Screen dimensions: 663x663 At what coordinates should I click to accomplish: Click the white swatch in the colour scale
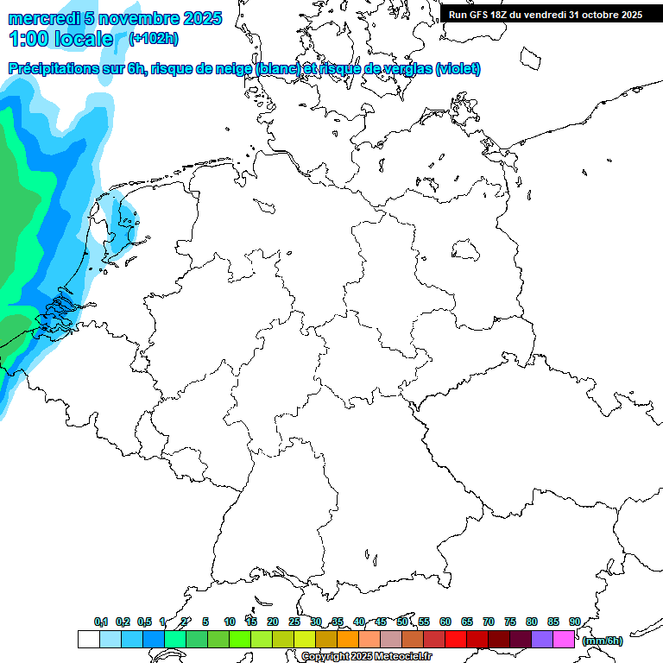point(89,639)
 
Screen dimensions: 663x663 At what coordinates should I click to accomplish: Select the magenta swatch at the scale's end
point(564,639)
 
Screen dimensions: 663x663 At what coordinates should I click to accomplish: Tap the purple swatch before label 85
point(542,639)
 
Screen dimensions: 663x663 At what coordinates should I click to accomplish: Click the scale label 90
point(575,622)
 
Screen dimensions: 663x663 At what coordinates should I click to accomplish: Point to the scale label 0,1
point(101,622)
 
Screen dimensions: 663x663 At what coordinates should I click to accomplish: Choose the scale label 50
point(402,622)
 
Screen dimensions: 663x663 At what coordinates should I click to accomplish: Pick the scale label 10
point(230,622)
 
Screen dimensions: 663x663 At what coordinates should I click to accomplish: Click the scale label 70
point(489,622)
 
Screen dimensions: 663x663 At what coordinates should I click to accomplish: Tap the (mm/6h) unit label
point(603,641)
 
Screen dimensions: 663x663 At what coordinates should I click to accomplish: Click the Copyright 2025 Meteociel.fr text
point(367,657)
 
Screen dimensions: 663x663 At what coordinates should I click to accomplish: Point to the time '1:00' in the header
point(28,39)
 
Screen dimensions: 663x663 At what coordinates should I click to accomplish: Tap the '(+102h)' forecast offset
point(153,39)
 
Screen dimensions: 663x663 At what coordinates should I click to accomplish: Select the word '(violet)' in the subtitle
point(458,69)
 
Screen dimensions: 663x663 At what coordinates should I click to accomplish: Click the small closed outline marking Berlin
point(466,250)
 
